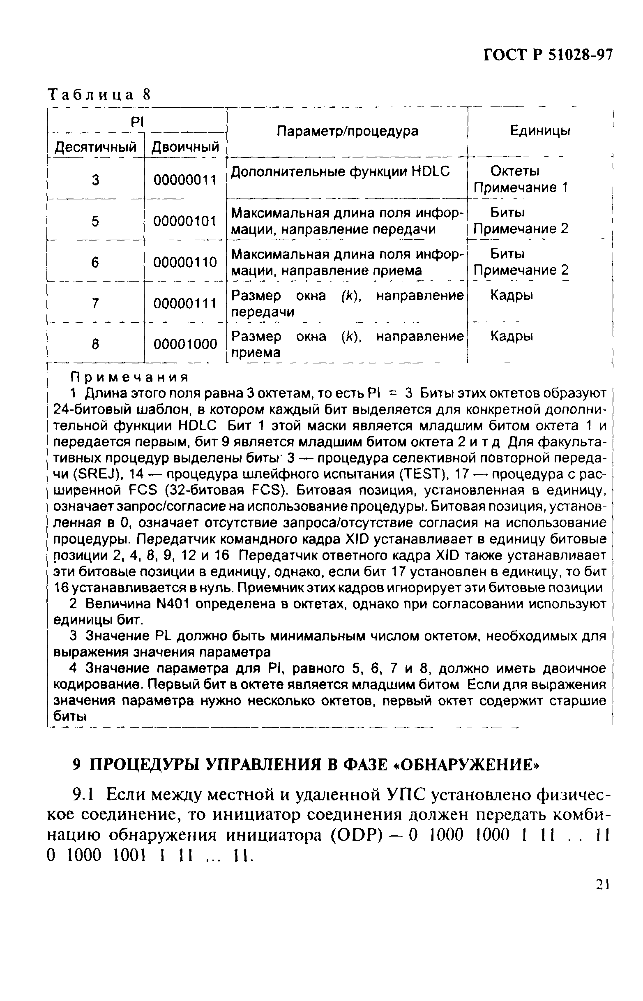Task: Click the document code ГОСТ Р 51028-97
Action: pyautogui.click(x=547, y=55)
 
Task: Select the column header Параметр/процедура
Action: pyautogui.click(x=348, y=131)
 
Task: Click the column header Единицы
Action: pyautogui.click(x=540, y=131)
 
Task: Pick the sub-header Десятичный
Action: pyautogui.click(x=96, y=147)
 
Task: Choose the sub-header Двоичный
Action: pyautogui.click(x=185, y=147)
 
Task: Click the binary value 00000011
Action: pyautogui.click(x=185, y=180)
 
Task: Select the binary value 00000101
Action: pyautogui.click(x=185, y=221)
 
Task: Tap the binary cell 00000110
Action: pyautogui.click(x=185, y=262)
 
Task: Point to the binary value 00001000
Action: pyautogui.click(x=185, y=344)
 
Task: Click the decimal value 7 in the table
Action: pyautogui.click(x=95, y=303)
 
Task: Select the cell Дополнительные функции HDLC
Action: pyautogui.click(x=340, y=171)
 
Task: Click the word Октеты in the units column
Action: pyautogui.click(x=514, y=171)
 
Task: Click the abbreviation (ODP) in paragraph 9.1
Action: pyautogui.click(x=357, y=835)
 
